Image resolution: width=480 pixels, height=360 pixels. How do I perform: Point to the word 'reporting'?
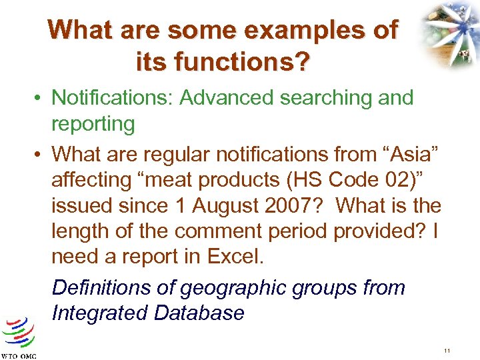(93, 123)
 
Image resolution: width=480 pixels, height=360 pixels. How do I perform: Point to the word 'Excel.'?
(253, 256)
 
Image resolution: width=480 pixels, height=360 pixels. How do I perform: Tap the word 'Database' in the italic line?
(201, 313)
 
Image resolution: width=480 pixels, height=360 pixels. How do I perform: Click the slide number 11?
(447, 351)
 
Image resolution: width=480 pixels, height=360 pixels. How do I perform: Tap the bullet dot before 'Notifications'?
(40, 99)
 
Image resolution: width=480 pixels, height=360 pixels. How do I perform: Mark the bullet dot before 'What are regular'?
(40, 155)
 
